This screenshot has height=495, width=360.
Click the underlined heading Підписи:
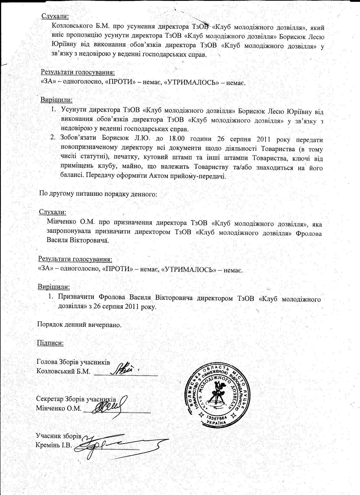tap(50, 343)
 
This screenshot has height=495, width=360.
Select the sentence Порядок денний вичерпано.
tap(79, 324)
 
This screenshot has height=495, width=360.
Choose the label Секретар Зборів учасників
tap(76, 399)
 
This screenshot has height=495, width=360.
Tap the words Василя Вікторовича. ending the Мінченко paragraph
tap(78, 241)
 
